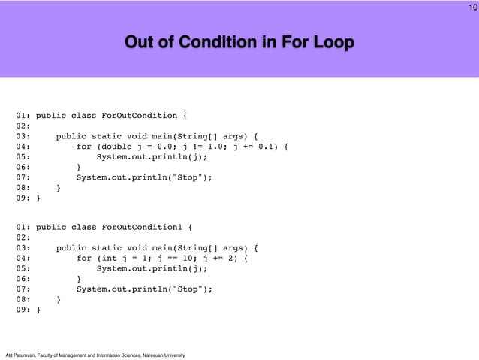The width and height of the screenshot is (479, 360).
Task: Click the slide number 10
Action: coord(471,8)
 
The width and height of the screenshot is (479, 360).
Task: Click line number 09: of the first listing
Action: coord(23,198)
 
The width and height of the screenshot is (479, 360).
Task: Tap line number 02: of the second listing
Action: coord(23,237)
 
